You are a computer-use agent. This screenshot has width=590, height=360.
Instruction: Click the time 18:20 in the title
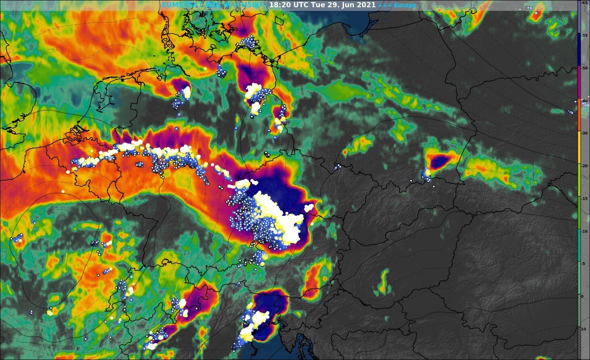[x=278, y=5]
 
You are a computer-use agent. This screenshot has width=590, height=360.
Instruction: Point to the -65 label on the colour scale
[x=584, y=2]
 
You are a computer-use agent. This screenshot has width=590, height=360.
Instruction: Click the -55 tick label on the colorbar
[x=584, y=36]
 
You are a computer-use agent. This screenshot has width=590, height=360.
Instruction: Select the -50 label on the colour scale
[x=584, y=68]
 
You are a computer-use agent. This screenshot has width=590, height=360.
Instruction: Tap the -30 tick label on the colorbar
[x=584, y=133]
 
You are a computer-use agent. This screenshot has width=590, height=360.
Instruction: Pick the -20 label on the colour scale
[x=584, y=166]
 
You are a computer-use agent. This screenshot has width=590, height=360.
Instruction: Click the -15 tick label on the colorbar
[x=584, y=198]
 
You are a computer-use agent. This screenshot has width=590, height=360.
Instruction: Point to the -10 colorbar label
[x=584, y=231]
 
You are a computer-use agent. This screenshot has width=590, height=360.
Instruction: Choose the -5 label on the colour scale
[x=584, y=264]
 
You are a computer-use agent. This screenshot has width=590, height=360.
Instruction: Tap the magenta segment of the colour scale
[x=579, y=83]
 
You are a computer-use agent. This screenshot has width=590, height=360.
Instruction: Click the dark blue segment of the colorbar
[x=579, y=51]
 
